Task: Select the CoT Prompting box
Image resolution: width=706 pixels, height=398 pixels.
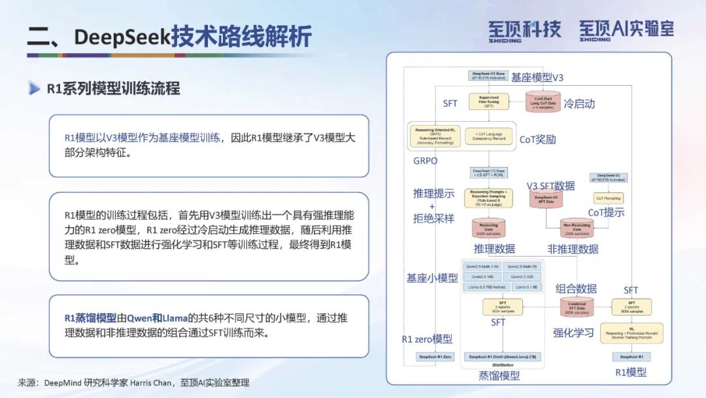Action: (608, 198)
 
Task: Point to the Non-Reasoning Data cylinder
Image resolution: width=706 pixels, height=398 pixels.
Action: (577, 229)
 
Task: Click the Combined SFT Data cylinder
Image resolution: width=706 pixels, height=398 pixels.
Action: (576, 307)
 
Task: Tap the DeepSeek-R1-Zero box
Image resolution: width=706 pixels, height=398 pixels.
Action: (434, 357)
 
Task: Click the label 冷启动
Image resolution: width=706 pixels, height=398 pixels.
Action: (579, 103)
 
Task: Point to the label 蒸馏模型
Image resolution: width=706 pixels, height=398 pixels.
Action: (499, 375)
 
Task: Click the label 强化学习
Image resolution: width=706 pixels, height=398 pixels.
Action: (573, 333)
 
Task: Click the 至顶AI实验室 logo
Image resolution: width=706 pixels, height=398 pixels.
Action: (626, 29)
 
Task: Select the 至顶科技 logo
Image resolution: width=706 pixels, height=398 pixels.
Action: (524, 29)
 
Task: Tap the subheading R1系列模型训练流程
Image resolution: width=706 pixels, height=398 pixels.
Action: (113, 88)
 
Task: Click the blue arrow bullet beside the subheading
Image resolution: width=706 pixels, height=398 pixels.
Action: (34, 88)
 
